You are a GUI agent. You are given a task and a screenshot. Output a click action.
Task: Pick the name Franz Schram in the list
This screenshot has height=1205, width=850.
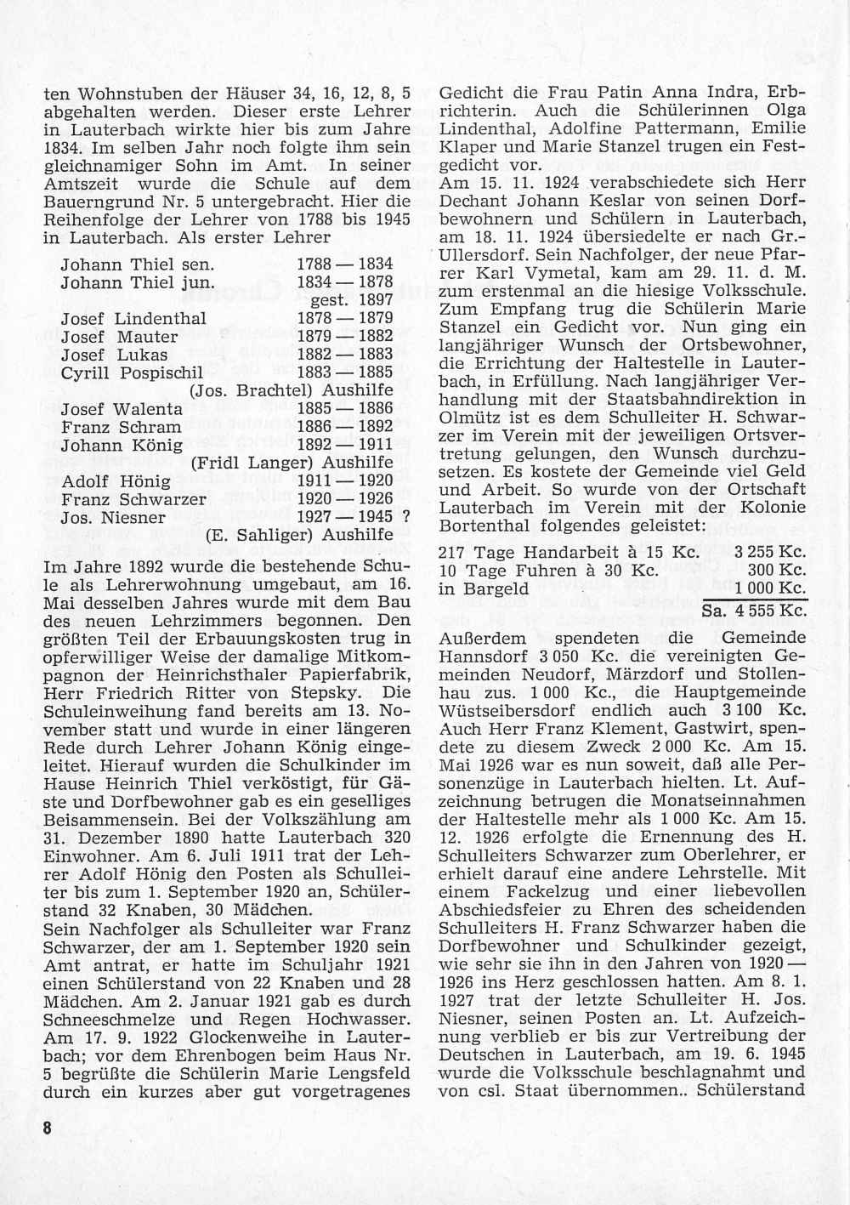(x=121, y=427)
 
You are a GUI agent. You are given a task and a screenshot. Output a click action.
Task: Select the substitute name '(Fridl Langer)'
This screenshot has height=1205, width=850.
(x=246, y=463)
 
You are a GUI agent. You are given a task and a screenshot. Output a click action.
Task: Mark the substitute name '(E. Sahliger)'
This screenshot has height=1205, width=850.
(x=254, y=535)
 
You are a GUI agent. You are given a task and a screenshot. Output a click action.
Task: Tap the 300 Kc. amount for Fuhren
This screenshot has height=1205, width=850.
(x=783, y=571)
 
